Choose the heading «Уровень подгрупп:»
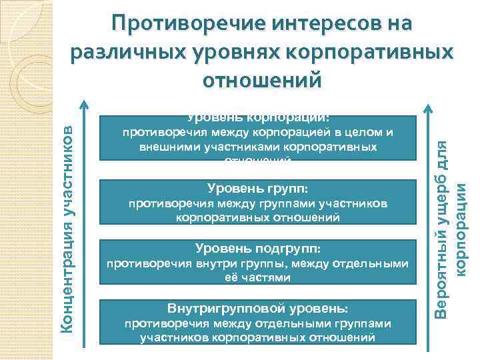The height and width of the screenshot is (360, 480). (x=257, y=248)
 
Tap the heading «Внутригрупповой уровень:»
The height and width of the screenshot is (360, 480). (x=257, y=309)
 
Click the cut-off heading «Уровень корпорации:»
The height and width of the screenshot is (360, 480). (x=257, y=118)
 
